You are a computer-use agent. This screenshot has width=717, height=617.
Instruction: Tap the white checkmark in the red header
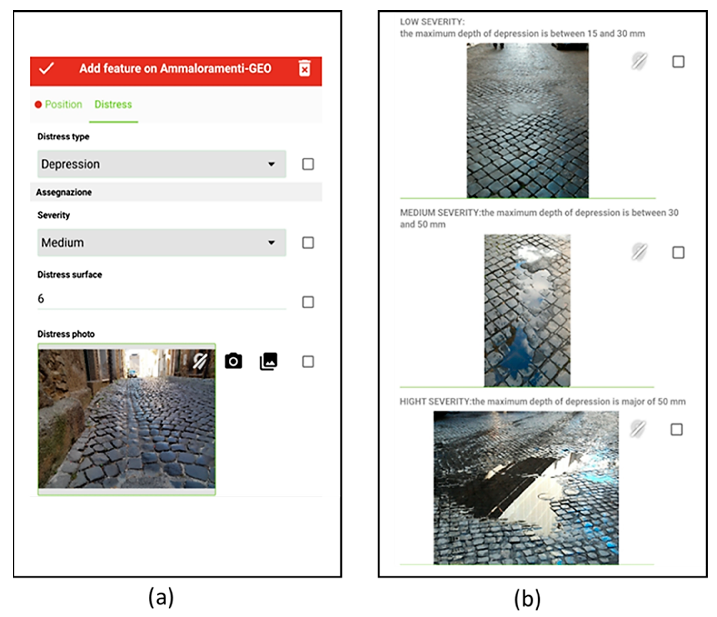click(x=46, y=68)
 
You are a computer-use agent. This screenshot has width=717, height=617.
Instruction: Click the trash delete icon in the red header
click(x=305, y=68)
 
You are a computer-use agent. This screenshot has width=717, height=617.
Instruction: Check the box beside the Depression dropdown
click(x=308, y=164)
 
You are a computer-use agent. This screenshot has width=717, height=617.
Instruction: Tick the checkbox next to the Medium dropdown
click(x=308, y=243)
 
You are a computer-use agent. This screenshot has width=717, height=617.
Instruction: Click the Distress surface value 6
click(x=41, y=298)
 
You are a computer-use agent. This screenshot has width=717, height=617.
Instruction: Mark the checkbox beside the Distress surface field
click(x=308, y=302)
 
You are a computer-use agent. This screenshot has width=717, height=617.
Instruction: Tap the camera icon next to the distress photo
click(x=234, y=361)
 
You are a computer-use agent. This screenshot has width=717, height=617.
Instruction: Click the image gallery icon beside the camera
click(x=269, y=361)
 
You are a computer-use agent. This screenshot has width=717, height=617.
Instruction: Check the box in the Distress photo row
click(x=308, y=362)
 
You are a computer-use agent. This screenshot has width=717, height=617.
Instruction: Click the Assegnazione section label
click(x=64, y=192)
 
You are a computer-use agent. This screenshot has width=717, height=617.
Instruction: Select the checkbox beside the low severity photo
click(x=678, y=62)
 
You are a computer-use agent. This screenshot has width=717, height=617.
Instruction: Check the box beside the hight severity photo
click(x=677, y=429)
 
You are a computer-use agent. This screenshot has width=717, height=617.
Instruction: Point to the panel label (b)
click(x=527, y=599)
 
